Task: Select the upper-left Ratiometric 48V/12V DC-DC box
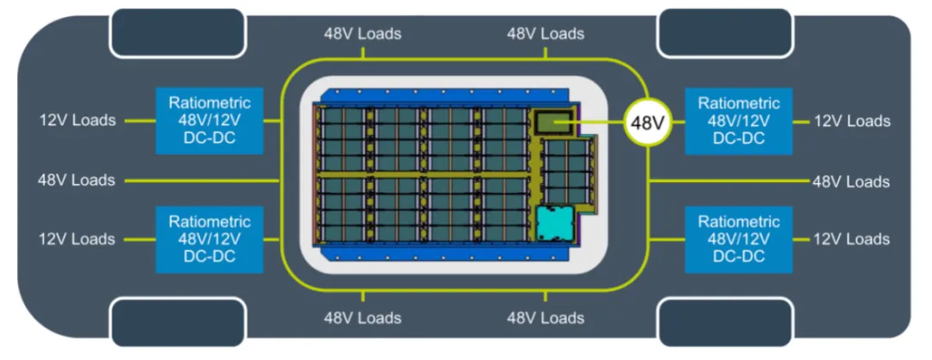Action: [x=210, y=120]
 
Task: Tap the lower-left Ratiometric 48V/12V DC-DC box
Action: [x=210, y=238]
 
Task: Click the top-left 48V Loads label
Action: [x=362, y=35]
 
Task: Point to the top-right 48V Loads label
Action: [x=545, y=35]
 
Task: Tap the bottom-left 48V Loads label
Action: [x=362, y=318]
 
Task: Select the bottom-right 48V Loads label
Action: [x=545, y=318]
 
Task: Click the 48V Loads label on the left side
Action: [x=76, y=180]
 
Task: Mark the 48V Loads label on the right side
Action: [x=851, y=181]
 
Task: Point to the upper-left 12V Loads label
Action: [x=77, y=120]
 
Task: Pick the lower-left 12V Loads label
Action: [x=77, y=239]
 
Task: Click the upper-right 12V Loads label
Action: [x=851, y=121]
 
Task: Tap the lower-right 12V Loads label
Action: [x=851, y=239]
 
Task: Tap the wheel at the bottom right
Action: [x=725, y=321]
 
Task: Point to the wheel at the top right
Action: [x=725, y=33]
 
